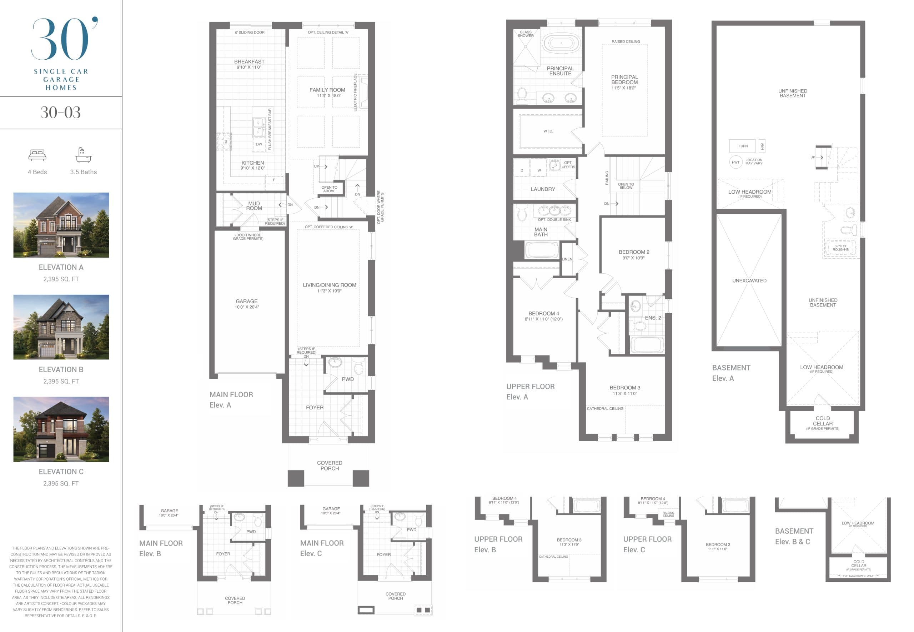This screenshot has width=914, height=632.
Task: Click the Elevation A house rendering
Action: pyautogui.click(x=61, y=225)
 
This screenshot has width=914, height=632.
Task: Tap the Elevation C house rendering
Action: pyautogui.click(x=61, y=429)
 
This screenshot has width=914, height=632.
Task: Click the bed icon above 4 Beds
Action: pyautogui.click(x=37, y=155)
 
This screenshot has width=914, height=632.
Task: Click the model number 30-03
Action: pyautogui.click(x=61, y=113)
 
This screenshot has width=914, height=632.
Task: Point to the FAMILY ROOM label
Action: pyautogui.click(x=327, y=90)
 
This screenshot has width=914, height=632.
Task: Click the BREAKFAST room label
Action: pyautogui.click(x=249, y=61)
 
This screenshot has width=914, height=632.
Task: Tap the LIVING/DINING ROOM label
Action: pyautogui.click(x=329, y=285)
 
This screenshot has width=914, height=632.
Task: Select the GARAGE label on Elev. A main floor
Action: pyautogui.click(x=246, y=301)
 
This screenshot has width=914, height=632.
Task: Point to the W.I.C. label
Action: pyautogui.click(x=548, y=131)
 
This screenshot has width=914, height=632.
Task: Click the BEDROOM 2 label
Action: pyautogui.click(x=634, y=252)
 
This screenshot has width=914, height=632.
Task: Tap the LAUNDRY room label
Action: pyautogui.click(x=542, y=189)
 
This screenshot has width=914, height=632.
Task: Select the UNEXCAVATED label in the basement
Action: pyautogui.click(x=749, y=281)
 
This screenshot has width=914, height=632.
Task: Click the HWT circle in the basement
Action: pyautogui.click(x=735, y=162)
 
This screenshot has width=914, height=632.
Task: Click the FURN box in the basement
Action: pyautogui.click(x=743, y=146)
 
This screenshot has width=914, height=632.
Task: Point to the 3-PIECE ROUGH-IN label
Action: pyautogui.click(x=840, y=248)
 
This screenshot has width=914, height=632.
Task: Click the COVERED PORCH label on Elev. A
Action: pyautogui.click(x=329, y=466)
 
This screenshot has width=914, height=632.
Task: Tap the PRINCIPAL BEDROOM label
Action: pyautogui.click(x=624, y=80)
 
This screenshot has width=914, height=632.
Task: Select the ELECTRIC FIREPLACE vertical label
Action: pyautogui.click(x=355, y=92)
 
